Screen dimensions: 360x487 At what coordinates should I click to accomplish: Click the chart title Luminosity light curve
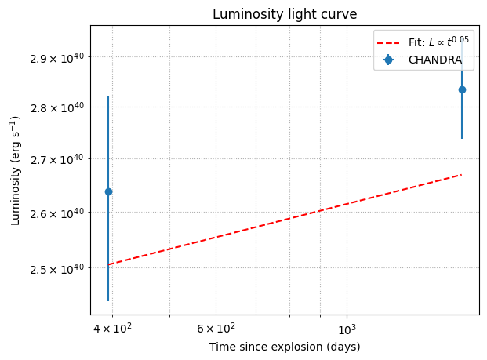coord(284,14)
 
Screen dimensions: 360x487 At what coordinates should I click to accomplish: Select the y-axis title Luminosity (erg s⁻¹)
coord(15,170)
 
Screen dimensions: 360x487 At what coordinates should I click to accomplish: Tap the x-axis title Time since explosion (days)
coord(284,347)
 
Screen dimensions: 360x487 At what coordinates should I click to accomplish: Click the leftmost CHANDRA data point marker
coord(108,191)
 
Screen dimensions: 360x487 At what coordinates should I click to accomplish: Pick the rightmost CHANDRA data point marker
coord(462,89)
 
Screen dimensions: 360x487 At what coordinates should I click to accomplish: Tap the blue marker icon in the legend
coord(388,60)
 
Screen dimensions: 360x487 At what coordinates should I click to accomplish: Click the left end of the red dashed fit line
coord(108,265)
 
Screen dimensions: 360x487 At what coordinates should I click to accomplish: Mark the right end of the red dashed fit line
coord(462,174)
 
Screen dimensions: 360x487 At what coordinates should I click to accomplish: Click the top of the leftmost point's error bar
coord(108,96)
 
